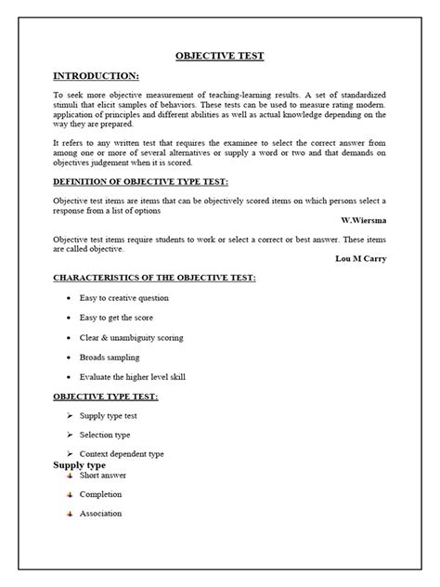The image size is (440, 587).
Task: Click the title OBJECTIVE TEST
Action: (220, 56)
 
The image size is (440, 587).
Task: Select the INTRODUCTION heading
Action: (96, 75)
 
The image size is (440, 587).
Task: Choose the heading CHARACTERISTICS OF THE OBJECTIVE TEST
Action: (154, 278)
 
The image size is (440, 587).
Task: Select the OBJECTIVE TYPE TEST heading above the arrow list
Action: (106, 397)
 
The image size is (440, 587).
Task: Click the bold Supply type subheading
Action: (79, 464)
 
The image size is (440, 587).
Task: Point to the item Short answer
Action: (103, 475)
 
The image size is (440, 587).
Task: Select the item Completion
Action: (100, 494)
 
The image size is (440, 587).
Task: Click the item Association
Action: (100, 514)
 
